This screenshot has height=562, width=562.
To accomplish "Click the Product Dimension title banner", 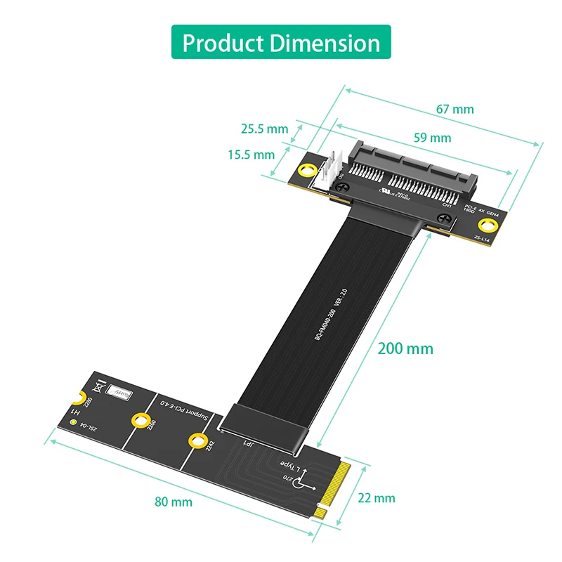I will pyautogui.click(x=281, y=42).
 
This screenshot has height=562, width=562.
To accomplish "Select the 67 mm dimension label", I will pyautogui.click(x=455, y=109).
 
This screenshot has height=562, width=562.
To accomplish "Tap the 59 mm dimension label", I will pyautogui.click(x=431, y=138).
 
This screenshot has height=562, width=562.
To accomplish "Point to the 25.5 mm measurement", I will pyautogui.click(x=264, y=129).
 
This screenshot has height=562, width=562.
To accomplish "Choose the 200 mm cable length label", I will pyautogui.click(x=405, y=348).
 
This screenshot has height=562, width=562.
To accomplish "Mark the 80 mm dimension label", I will pyautogui.click(x=174, y=502).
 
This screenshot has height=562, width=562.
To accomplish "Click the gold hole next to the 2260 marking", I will pyautogui.click(x=142, y=421).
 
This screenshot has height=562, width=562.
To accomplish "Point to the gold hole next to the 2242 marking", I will pyautogui.click(x=196, y=440).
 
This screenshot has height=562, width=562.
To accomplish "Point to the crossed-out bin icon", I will pyautogui.click(x=96, y=386).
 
